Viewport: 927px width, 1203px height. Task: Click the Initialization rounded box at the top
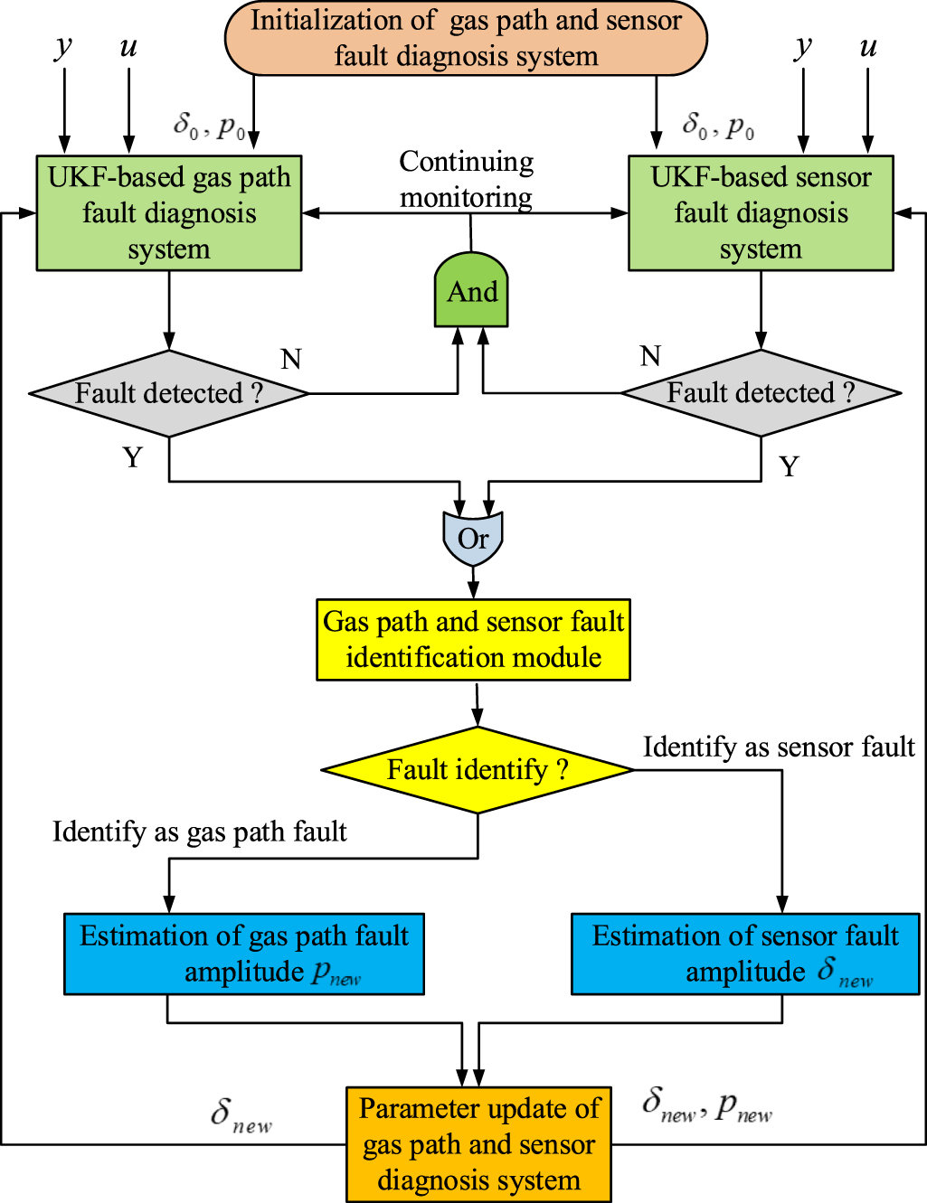pos(466,38)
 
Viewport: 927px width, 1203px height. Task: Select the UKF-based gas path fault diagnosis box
pos(169,213)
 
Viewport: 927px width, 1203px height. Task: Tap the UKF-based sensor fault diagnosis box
pos(761,213)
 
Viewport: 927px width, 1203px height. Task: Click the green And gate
pos(471,291)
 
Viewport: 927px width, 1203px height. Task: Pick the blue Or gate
pos(472,539)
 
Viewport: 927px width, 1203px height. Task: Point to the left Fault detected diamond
pos(169,393)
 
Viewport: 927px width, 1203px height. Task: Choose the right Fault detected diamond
pos(761,393)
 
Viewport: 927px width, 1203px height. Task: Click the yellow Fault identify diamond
pos(478,770)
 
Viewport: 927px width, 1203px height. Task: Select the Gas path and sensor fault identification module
pos(473,640)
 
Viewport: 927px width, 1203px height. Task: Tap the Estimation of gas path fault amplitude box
pos(244,954)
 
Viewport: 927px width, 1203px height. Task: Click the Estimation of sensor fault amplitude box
pos(745,954)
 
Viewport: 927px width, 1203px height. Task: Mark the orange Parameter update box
pos(478,1144)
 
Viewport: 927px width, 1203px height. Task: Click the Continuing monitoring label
pos(467,179)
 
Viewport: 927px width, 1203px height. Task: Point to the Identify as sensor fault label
pos(779,747)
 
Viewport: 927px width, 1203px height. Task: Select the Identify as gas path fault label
pos(200,832)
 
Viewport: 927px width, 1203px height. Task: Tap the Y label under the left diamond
pos(133,458)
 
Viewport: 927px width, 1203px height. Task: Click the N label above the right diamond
pos(650,356)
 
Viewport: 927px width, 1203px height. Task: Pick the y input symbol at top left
pos(63,47)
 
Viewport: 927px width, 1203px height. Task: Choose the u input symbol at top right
pos(868,47)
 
